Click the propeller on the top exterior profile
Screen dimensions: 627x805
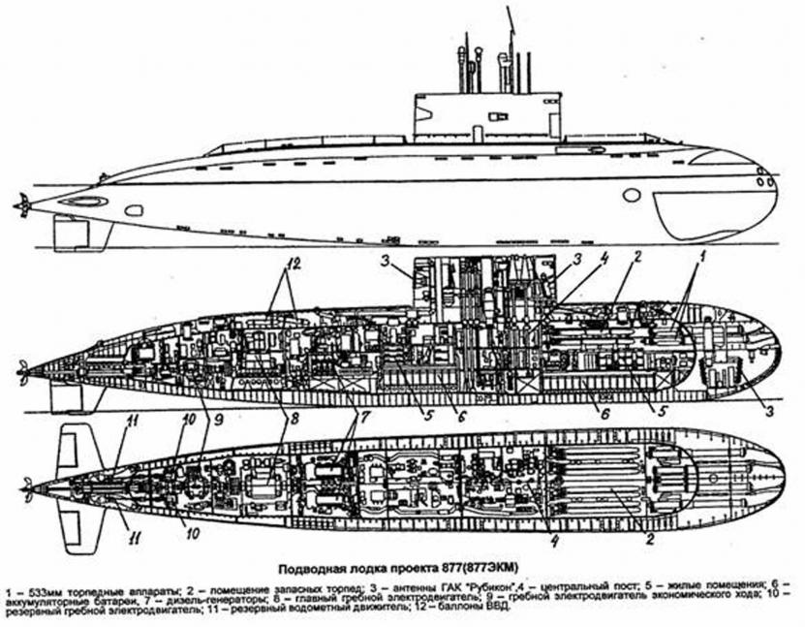(21, 205)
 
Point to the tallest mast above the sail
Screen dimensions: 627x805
(509, 29)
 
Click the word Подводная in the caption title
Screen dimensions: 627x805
(315, 568)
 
